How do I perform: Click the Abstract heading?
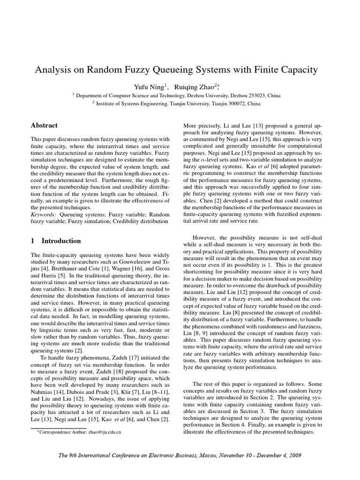(44, 125)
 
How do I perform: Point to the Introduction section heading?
(61, 241)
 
